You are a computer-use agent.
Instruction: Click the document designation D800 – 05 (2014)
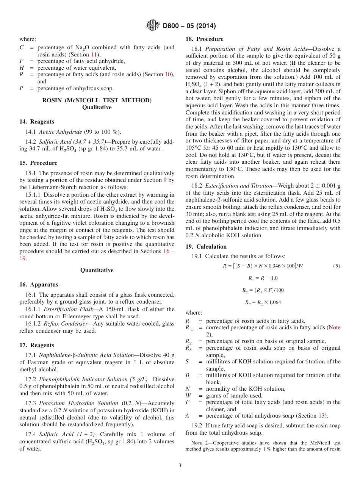pos(189,26)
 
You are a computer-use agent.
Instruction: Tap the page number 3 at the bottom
pos(180,466)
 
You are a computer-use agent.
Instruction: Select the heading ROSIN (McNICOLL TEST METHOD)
pos(97,100)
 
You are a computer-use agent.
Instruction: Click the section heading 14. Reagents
pos(36,122)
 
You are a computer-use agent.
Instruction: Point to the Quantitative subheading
pos(97,270)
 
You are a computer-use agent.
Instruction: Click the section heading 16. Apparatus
pos(39,285)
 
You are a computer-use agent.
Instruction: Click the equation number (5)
pos(337,266)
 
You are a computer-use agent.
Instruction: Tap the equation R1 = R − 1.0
pos(263,278)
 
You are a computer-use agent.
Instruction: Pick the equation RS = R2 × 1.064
pos(263,302)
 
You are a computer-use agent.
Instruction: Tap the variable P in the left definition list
pos(22,89)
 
